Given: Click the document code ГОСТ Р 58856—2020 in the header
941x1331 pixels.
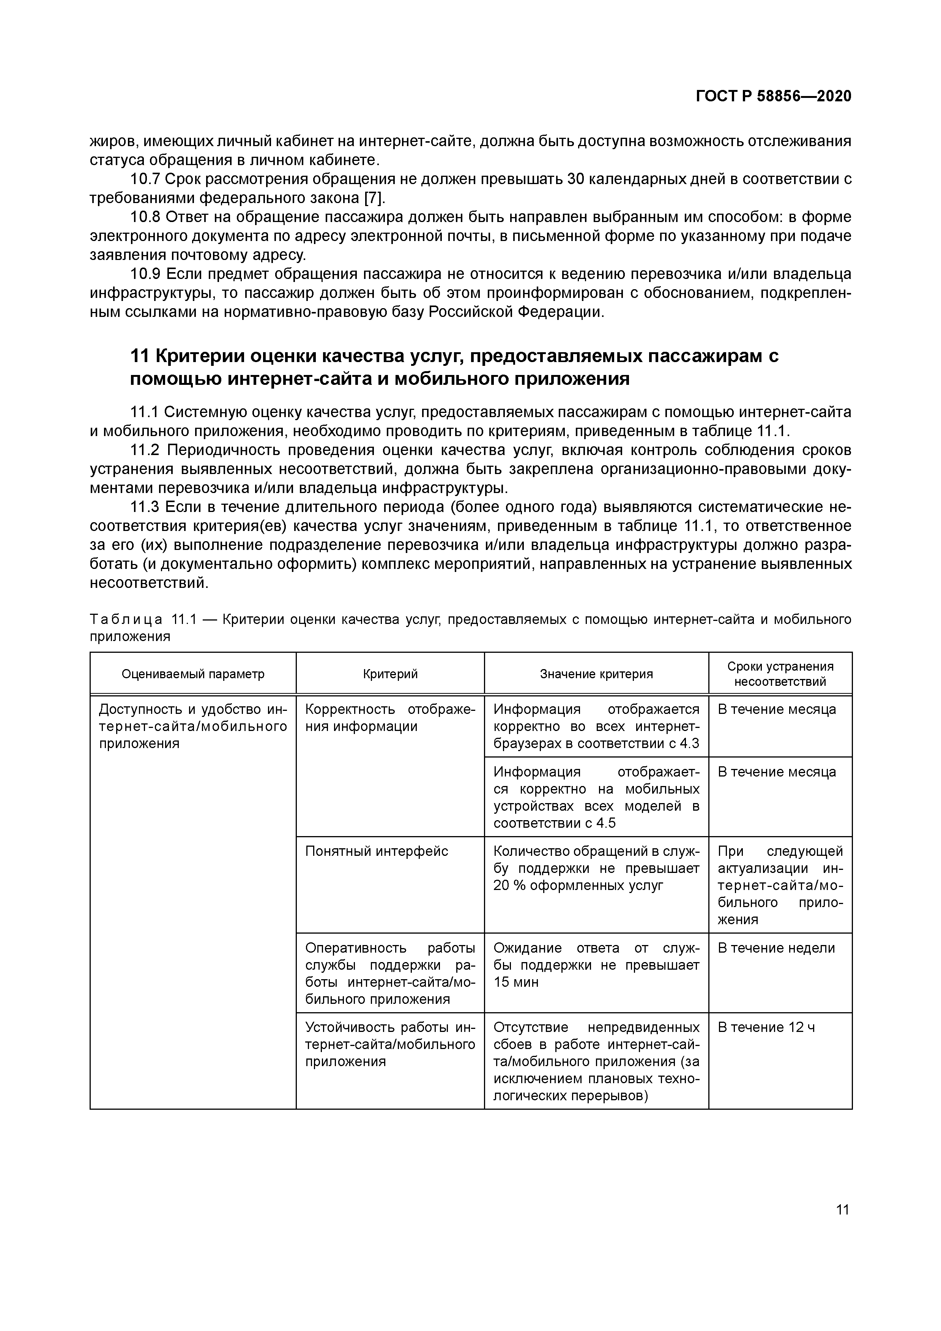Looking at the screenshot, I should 774,96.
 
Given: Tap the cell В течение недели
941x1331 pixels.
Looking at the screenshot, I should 776,948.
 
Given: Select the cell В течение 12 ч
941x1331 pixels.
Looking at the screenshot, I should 766,1027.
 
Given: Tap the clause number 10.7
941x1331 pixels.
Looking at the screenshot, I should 145,179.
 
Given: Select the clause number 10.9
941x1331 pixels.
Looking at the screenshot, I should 145,274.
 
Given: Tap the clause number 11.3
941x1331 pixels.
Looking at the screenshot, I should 145,507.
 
